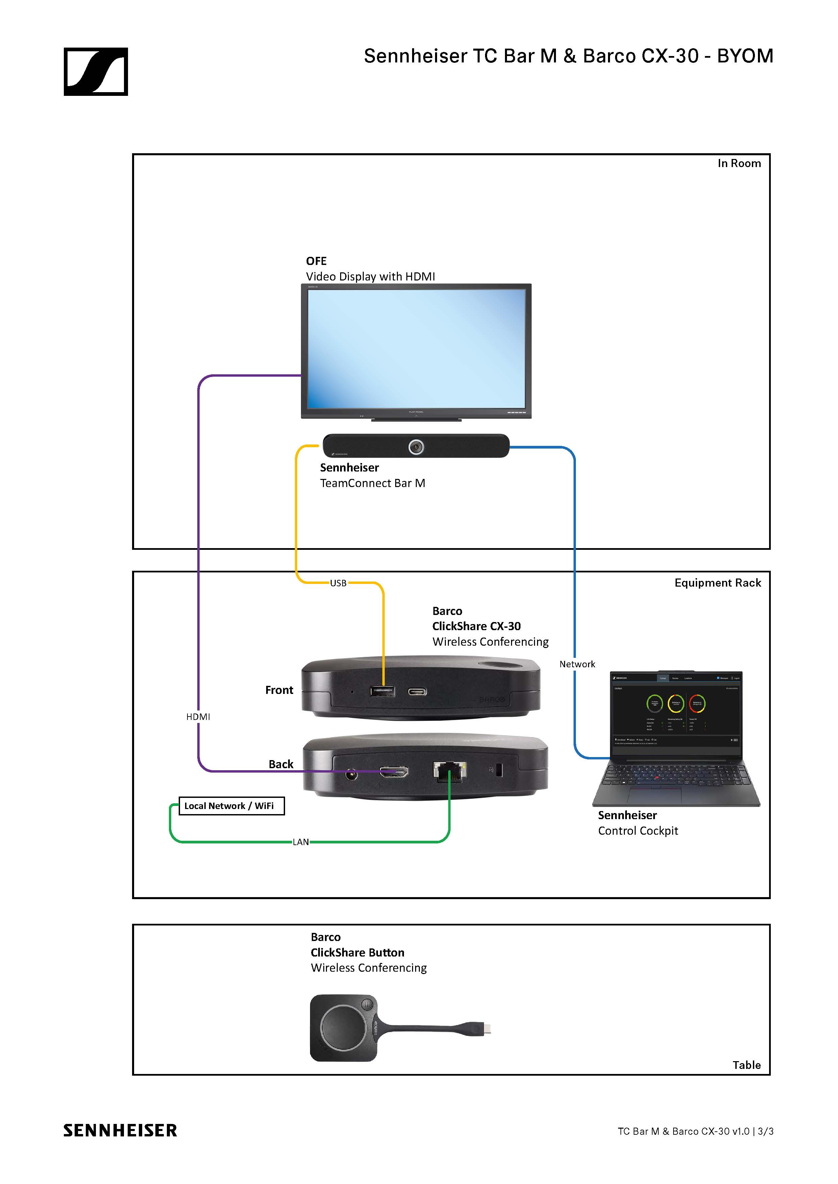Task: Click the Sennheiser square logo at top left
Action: [x=96, y=72]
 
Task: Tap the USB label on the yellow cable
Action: [x=338, y=583]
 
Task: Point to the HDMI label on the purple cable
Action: [x=198, y=717]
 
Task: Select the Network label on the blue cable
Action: [x=577, y=664]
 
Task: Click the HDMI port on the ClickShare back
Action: [x=394, y=772]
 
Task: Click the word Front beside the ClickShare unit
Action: [x=279, y=690]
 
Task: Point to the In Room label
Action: [x=739, y=163]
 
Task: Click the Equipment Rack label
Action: [x=717, y=583]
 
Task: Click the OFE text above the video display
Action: [x=316, y=261]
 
